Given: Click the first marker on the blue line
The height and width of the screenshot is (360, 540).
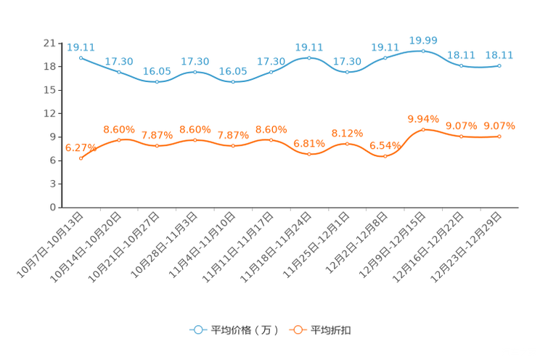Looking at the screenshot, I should point(81,57).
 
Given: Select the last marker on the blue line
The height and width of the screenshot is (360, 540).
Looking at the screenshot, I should point(499,65).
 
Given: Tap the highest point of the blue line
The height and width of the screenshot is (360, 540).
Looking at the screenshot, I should point(423,51).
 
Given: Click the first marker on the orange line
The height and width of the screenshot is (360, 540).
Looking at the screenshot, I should point(81,158).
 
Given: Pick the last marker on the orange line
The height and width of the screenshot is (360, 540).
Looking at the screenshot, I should point(499,136).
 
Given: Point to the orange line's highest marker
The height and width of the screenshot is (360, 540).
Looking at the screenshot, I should point(423,129).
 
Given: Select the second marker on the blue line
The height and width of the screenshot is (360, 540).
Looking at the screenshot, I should point(119,72).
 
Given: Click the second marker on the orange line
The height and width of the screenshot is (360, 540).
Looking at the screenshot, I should point(119,139).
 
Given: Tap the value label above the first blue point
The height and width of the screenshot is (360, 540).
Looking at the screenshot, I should point(81,47).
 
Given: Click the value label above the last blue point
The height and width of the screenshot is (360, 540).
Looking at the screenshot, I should point(499,54).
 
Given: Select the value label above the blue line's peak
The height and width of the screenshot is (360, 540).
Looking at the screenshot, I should point(423,40).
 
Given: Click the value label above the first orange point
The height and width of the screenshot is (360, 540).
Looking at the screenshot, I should point(81,147).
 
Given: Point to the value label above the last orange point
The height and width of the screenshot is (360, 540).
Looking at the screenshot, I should point(499,126).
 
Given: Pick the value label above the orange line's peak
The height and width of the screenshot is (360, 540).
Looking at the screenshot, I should point(423,118).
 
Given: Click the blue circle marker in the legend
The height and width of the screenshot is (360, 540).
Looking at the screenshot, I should point(197,330).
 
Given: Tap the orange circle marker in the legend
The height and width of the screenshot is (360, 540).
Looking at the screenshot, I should point(298,330).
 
